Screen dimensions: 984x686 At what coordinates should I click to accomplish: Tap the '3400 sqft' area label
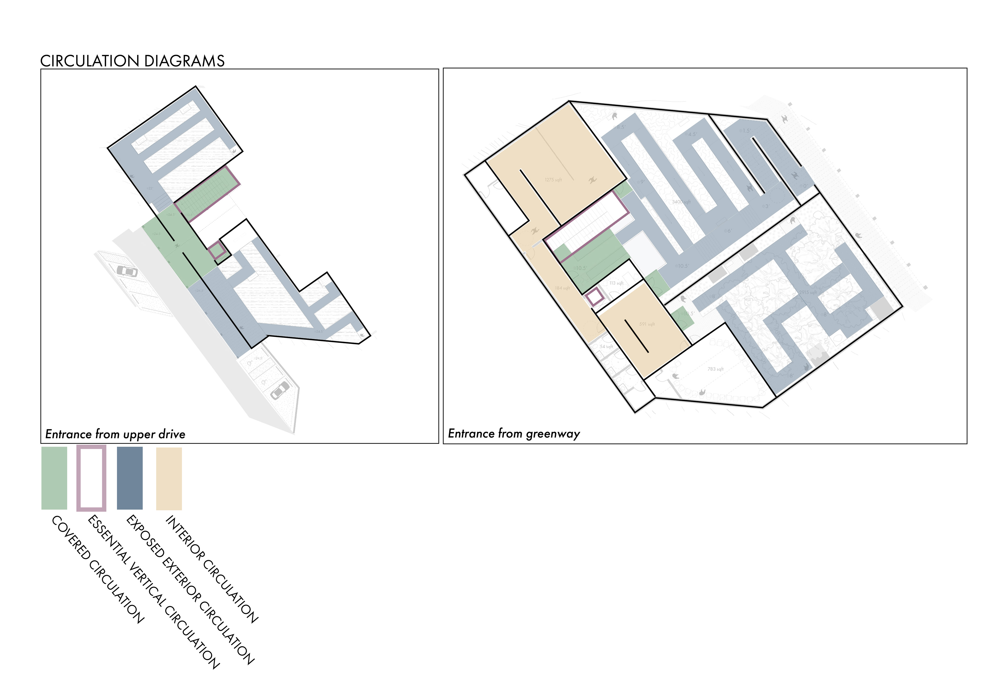(x=681, y=202)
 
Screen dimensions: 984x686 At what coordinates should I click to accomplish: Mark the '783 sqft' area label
(x=715, y=369)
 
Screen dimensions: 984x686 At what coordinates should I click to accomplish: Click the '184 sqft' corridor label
(x=562, y=288)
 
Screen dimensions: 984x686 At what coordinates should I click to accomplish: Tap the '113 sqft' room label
(x=616, y=283)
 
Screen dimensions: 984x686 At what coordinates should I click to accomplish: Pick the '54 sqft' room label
(x=606, y=346)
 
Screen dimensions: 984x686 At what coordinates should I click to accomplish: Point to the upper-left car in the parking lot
(x=127, y=271)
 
